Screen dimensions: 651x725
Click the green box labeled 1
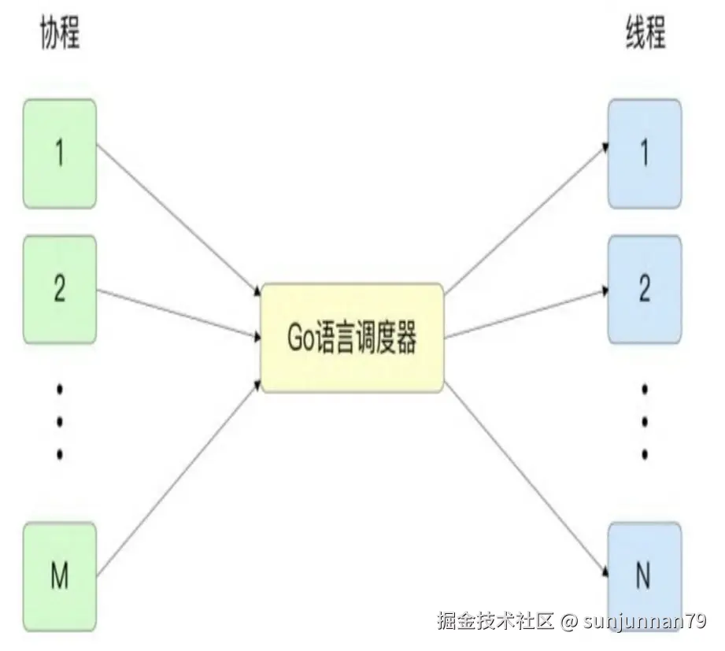coord(60,154)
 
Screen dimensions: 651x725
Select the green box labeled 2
coord(60,290)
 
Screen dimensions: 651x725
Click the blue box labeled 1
coord(644,154)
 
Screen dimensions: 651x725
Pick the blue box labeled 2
coord(644,290)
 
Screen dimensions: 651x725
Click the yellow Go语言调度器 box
coord(352,338)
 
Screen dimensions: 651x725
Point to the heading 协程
coord(60,35)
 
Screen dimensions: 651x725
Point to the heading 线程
coord(645,35)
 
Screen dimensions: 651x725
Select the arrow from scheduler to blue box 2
coord(526,313)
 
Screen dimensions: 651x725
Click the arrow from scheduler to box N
coord(526,475)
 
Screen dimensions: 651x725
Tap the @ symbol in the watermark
coord(570,622)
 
